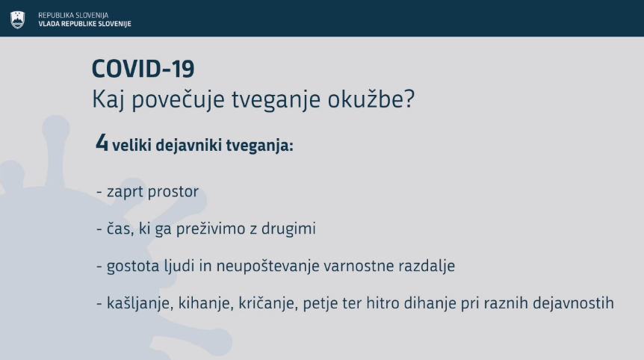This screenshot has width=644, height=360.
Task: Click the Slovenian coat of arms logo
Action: pos(17,19)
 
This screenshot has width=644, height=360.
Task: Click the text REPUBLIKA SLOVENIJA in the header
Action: pos(73,15)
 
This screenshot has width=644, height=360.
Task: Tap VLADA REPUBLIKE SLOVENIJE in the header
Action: pos(84,24)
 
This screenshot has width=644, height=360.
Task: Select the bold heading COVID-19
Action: pos(143,69)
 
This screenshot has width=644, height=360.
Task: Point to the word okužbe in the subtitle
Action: pos(371,99)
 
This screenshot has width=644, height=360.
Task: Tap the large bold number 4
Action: pos(102,143)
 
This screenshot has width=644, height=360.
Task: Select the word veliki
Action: pos(131,146)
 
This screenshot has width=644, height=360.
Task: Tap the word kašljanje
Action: pos(140,303)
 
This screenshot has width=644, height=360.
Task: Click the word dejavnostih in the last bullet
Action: pos(573,303)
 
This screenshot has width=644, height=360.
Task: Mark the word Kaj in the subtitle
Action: pos(108,100)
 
